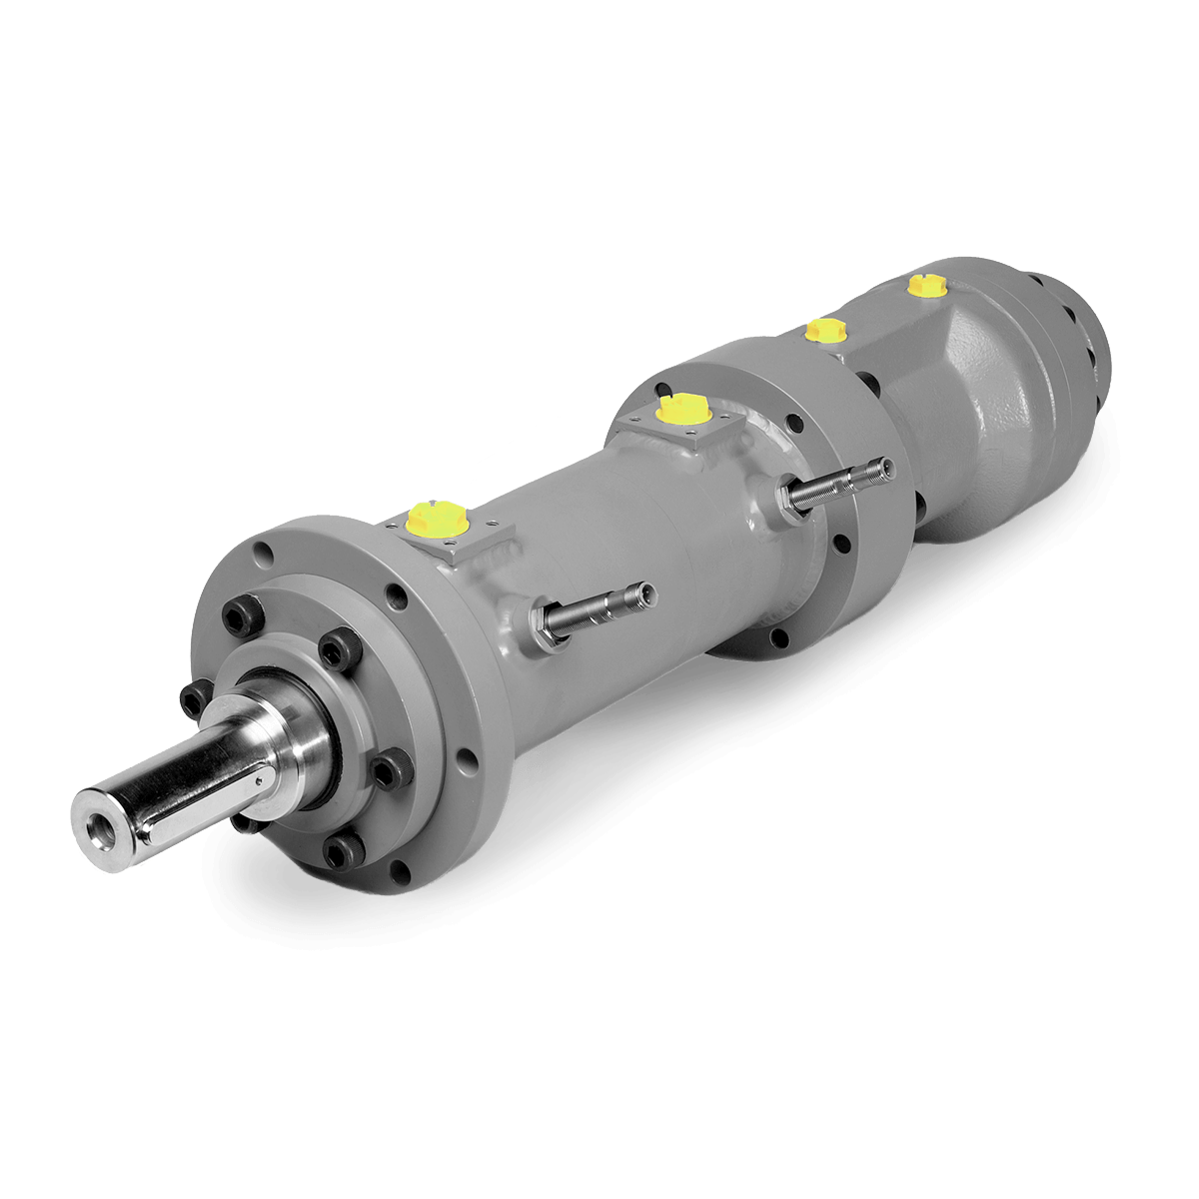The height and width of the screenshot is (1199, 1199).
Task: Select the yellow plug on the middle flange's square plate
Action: [682, 408]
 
